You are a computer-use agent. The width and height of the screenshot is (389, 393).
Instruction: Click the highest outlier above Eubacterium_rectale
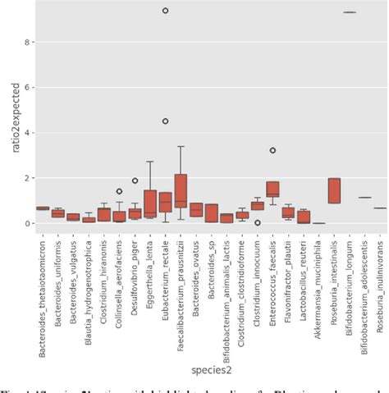165,11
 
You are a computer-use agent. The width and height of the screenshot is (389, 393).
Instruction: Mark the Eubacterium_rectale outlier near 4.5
165,121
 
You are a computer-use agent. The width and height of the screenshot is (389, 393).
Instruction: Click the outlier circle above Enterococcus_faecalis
272,150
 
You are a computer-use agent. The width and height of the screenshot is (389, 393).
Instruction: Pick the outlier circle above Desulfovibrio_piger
135,181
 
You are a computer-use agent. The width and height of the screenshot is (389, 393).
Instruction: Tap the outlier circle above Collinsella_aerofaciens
120,191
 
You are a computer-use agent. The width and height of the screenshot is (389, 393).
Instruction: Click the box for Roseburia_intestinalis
334,190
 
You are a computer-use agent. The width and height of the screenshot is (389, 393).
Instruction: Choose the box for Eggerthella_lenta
150,203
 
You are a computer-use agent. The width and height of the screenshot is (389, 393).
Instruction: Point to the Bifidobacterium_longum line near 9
350,12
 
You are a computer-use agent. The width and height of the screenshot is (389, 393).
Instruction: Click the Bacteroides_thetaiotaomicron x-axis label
43,287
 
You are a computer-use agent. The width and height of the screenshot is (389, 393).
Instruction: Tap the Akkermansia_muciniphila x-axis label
318,280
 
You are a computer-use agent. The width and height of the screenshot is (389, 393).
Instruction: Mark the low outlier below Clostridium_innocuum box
258,222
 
